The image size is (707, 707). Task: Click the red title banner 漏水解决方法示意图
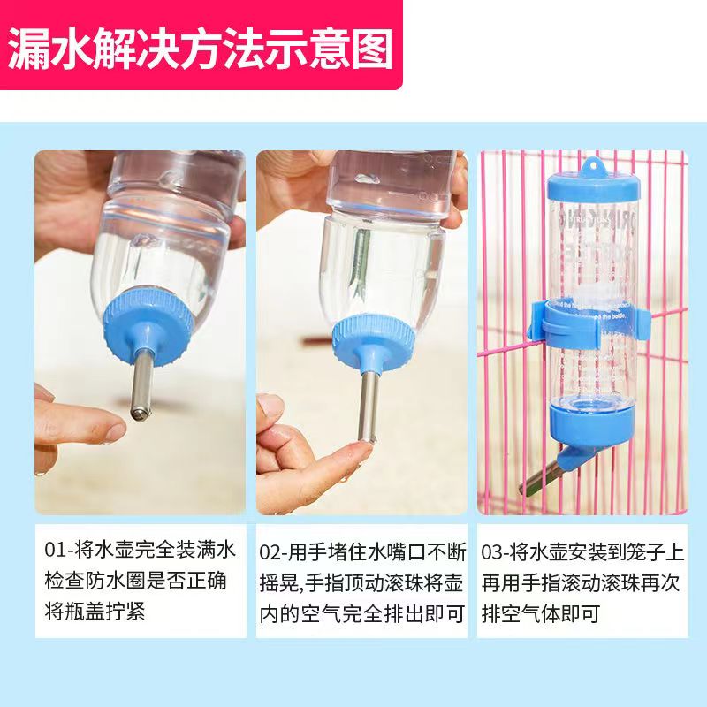[x=201, y=46]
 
